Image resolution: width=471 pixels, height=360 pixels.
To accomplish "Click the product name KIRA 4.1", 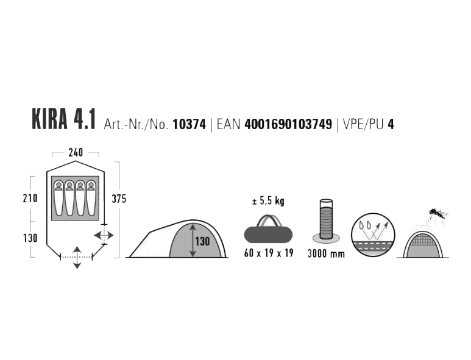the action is coord(64,120).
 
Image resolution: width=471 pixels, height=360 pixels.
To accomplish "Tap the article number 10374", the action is coord(189,124).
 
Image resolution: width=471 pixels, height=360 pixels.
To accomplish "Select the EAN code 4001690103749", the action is coord(288,124).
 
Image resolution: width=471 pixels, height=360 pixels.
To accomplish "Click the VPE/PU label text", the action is coord(363,125).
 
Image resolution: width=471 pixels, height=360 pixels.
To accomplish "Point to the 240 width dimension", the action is coord(76,152).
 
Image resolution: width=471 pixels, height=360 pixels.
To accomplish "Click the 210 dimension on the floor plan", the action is coord(30,198).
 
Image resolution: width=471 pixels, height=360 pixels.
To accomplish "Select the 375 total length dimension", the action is coord(119,199).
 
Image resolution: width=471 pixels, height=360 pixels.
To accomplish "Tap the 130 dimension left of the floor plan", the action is coord(30,238).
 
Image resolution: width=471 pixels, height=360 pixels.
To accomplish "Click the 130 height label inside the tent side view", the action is coord(202,241).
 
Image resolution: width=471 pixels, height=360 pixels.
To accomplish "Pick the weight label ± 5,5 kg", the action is coord(268,201).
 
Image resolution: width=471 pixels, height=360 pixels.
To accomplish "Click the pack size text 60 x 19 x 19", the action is coord(269,253).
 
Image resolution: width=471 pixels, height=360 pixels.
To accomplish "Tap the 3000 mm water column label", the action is coord(326,254).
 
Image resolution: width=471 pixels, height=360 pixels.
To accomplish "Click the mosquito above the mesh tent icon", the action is coord(437,214).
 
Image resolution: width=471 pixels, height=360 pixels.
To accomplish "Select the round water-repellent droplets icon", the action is coord(373,235).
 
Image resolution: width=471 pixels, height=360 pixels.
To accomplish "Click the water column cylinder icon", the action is coord(326,220).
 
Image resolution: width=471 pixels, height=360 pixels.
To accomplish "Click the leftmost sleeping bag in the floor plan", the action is coord(59,198).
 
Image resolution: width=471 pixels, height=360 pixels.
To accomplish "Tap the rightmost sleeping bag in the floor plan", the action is coord(91,198).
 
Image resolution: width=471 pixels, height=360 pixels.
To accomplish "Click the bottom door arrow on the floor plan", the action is coord(77,257).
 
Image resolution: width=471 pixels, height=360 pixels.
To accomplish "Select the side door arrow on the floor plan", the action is coord(104,235).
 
